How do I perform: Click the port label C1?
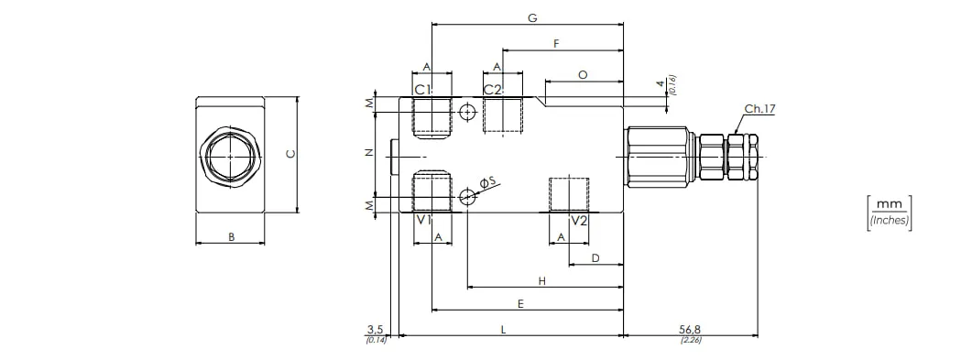[422, 89]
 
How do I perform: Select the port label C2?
[493, 89]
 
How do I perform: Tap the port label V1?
[423, 221]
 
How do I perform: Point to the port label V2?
[579, 221]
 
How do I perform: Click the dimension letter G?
[532, 18]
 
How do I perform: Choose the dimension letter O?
[583, 75]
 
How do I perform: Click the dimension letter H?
[541, 281]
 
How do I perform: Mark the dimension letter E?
[521, 303]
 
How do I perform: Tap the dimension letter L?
[503, 330]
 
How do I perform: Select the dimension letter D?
[595, 257]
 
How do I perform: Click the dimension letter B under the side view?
[231, 236]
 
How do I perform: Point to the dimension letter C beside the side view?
[289, 154]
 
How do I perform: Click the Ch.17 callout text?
[760, 109]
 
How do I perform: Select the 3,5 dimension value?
[376, 329]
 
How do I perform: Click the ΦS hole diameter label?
[488, 181]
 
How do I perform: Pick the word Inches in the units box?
[889, 220]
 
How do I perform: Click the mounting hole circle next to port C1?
[467, 112]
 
